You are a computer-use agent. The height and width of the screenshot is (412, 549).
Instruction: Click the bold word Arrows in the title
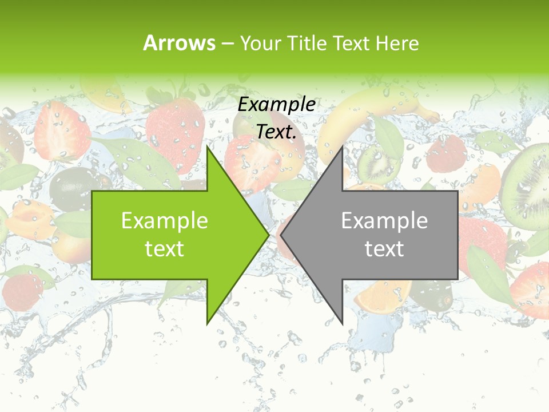coord(180,43)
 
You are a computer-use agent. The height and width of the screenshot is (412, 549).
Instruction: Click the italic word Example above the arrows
coord(277,105)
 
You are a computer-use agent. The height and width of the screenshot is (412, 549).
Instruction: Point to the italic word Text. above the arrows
coord(277,132)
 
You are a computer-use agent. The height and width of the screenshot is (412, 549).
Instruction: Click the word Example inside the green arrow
coord(165,220)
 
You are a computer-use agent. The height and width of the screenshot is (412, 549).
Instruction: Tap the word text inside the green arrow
coord(165,249)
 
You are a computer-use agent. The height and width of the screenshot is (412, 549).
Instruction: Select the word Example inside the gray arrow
coord(384,220)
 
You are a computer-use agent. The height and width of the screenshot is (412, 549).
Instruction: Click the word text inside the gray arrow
coord(384,249)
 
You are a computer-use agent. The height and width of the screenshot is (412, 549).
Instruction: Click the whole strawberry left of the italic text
coord(174,126)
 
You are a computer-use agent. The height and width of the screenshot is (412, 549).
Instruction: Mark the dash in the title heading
coord(228,44)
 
